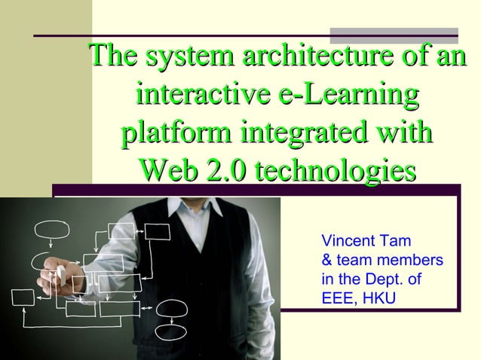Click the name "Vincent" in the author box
tap(347, 243)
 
